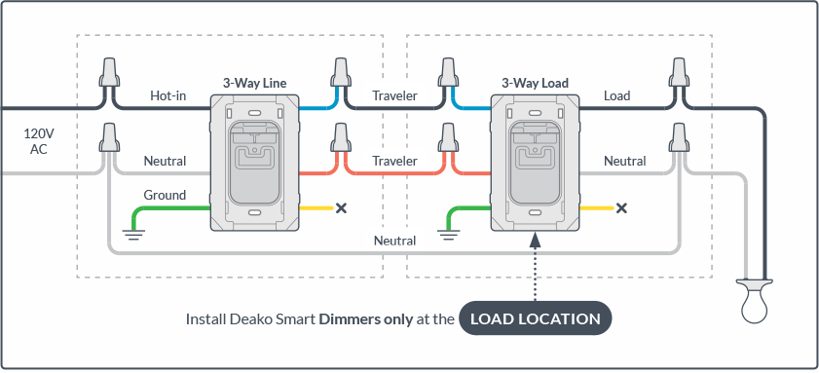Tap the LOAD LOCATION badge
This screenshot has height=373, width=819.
tap(536, 318)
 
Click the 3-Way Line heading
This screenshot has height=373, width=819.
tap(255, 83)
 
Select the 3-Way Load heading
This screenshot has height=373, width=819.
tap(535, 83)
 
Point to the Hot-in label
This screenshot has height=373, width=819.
tap(168, 96)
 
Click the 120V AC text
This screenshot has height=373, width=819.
tap(39, 141)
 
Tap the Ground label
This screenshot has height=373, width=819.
tap(165, 196)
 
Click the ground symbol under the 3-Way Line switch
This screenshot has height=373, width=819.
tap(134, 234)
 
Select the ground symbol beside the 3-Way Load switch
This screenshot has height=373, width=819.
tap(447, 234)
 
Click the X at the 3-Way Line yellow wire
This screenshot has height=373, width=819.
tap(341, 208)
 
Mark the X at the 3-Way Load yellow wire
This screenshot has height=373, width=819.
tap(621, 208)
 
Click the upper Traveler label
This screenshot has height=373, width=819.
tap(394, 96)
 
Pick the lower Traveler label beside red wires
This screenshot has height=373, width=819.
tap(394, 161)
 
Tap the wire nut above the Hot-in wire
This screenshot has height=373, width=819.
tap(109, 73)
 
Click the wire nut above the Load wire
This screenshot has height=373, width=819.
tap(678, 73)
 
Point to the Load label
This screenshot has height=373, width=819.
tap(616, 96)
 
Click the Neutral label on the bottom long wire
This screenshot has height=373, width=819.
tap(394, 241)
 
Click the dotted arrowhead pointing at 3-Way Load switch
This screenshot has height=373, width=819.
tap(535, 240)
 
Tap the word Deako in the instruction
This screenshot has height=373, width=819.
tap(246, 319)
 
